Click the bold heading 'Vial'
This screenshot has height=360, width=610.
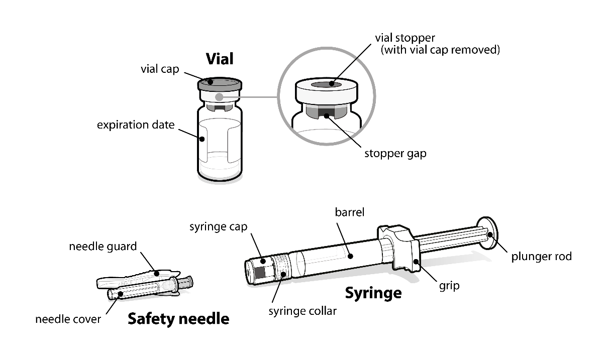(x=220, y=59)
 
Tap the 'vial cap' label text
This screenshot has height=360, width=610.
(x=159, y=69)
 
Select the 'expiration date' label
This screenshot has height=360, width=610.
(x=136, y=125)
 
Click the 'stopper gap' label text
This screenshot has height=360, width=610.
(x=395, y=153)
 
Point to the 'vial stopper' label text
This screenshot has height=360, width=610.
(x=405, y=38)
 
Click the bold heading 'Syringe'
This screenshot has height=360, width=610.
(x=373, y=292)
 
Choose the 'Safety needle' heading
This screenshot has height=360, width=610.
(x=178, y=318)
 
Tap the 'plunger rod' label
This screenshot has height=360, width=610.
(x=541, y=257)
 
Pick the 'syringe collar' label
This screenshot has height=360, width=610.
(x=302, y=311)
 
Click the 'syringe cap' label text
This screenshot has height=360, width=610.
(x=218, y=227)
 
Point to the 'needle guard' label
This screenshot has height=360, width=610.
(x=103, y=247)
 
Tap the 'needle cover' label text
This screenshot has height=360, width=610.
(x=68, y=319)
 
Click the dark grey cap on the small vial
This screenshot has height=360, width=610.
(x=220, y=83)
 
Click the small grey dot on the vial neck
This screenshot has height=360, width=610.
(x=219, y=96)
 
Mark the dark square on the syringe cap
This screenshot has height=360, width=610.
(x=260, y=272)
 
